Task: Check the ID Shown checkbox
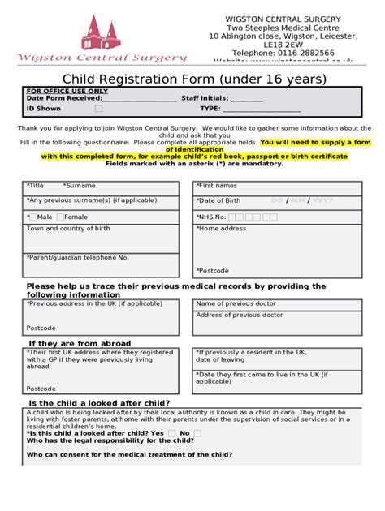pyautogui.click(x=98, y=108)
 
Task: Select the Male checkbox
pyautogui.click(x=32, y=217)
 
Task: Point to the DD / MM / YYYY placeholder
pyautogui.click(x=301, y=200)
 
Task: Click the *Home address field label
pyautogui.click(x=221, y=229)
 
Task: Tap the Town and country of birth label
pyautogui.click(x=68, y=229)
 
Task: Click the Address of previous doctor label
pyautogui.click(x=239, y=315)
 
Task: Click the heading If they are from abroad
pyautogui.click(x=80, y=343)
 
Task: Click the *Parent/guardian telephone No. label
pyautogui.click(x=77, y=257)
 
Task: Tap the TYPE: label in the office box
pyautogui.click(x=210, y=108)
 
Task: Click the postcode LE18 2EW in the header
pyautogui.click(x=283, y=45)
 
